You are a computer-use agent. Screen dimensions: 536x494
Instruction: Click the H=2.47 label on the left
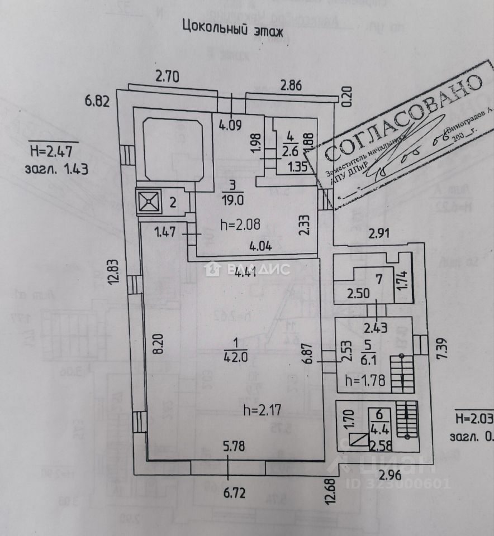[x=54, y=151]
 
